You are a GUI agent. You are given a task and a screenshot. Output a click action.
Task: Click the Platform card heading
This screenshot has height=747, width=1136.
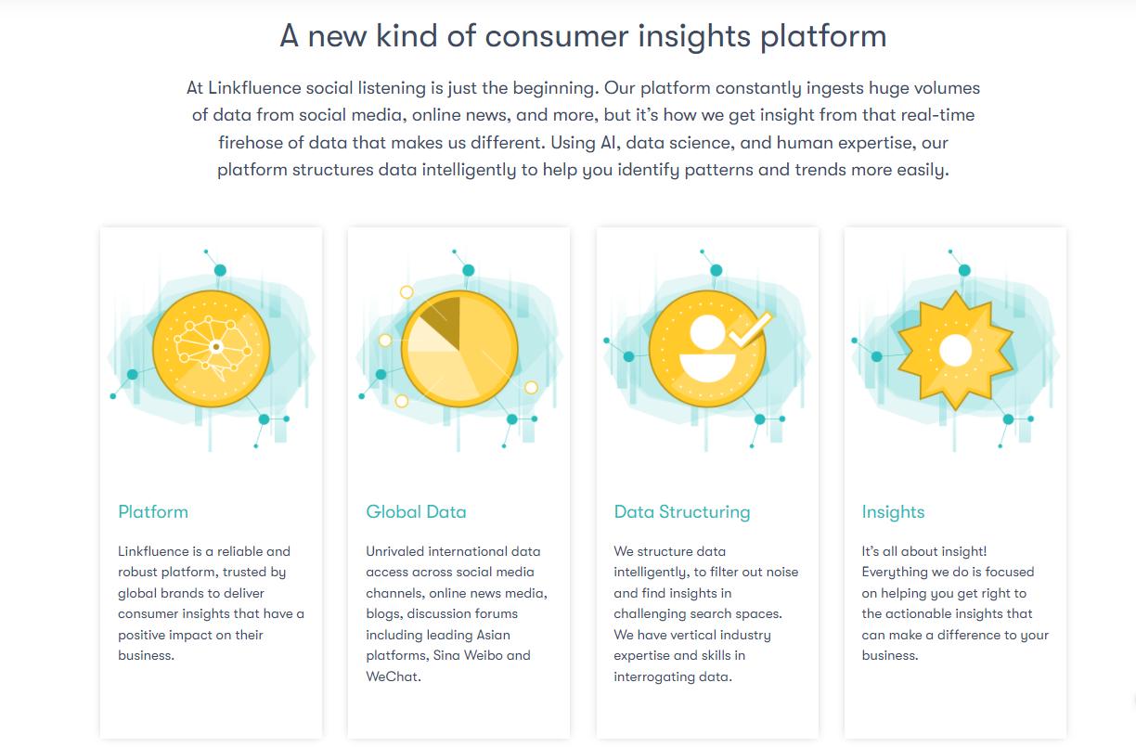coord(153,511)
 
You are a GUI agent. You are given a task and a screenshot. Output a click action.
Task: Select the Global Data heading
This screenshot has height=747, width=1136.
coord(416,511)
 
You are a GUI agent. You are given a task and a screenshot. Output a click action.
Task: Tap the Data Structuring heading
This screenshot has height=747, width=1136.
coord(682,511)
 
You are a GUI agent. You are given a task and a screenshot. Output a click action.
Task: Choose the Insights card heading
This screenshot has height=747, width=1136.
coord(893,511)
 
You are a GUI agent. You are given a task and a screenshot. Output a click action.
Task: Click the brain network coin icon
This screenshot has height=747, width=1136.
coord(211,348)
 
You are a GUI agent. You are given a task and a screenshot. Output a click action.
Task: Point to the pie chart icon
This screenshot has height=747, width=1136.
coord(459,350)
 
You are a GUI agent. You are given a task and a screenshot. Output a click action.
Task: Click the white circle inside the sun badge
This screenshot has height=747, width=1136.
coord(955,351)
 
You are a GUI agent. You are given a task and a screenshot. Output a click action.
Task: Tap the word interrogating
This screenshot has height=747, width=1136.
coord(654,676)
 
